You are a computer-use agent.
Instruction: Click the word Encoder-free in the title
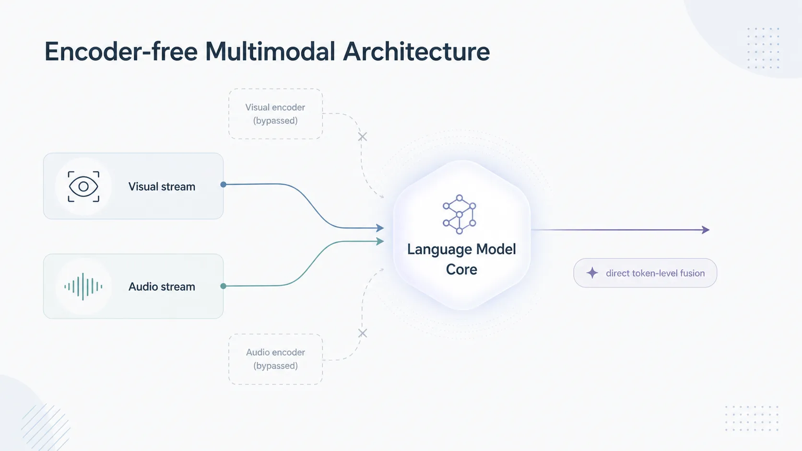121,51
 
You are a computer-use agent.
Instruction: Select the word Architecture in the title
416,51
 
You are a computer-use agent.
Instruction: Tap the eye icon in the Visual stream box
83,186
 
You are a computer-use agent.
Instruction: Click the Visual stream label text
162,187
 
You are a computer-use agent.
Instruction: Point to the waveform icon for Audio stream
83,287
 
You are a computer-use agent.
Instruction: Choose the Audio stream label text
162,287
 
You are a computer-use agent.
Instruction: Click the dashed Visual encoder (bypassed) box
275,114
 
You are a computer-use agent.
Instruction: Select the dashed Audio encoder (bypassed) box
275,359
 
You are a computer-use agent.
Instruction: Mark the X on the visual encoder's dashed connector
362,137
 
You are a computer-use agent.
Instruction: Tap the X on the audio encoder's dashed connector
362,333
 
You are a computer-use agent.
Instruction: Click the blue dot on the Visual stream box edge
224,185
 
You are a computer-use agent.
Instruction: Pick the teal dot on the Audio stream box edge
224,286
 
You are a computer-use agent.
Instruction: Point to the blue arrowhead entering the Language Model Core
380,228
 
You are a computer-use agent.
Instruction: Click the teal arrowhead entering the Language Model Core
380,241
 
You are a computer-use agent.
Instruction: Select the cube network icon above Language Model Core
460,214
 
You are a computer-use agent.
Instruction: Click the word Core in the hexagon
461,270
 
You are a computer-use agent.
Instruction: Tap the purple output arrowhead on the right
706,230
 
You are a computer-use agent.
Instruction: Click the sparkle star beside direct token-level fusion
592,273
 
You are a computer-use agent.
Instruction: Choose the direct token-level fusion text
655,273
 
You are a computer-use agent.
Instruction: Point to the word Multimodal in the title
271,51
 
